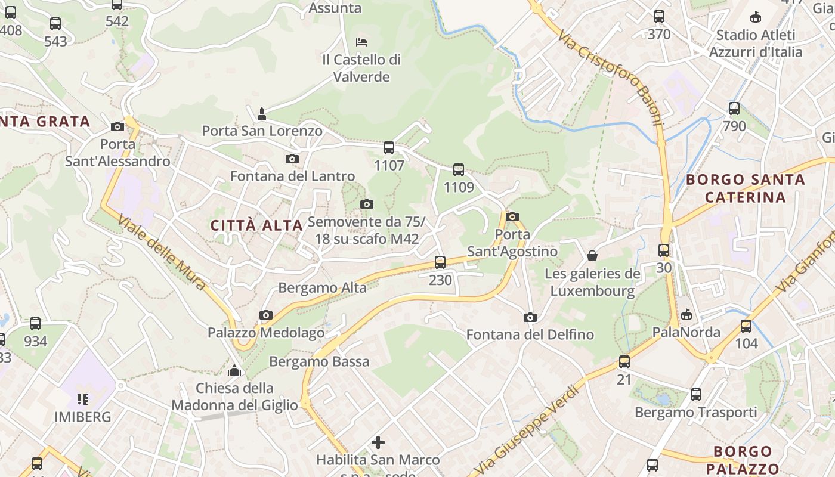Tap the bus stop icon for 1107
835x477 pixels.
pos(389,148)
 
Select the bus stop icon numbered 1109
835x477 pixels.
pos(458,170)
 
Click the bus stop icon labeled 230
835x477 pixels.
pos(440,262)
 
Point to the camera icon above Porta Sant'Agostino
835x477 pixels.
pos(512,216)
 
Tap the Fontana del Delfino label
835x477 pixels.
pos(530,334)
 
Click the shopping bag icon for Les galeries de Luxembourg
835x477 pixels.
pos(592,256)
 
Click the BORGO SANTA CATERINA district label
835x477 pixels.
pos(745,188)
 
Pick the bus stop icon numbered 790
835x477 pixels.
pos(734,109)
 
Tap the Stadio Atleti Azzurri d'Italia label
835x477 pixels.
pos(755,44)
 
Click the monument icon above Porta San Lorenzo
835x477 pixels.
pos(261,113)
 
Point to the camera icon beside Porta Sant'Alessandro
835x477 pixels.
pos(117,126)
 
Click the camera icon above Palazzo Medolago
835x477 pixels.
pos(266,315)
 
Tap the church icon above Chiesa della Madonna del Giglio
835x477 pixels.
pos(234,370)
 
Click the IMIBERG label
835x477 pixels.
pos(83,417)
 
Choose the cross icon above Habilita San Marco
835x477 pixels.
pos(378,442)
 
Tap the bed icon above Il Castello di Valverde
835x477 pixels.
pos(361,42)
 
